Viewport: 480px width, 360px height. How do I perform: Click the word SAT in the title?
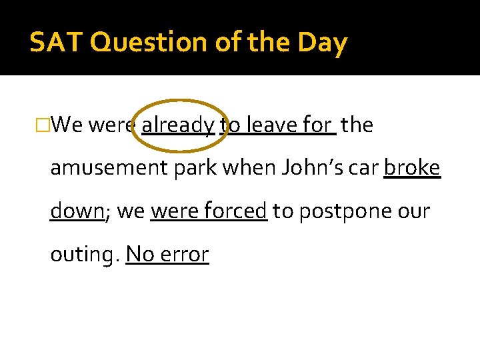click(56, 43)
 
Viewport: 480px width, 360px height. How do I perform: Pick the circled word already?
click(178, 125)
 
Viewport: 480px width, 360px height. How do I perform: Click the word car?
click(365, 168)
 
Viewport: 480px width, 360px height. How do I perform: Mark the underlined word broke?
click(412, 168)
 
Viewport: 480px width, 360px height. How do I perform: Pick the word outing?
click(83, 255)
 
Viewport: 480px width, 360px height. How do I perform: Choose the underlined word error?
click(185, 255)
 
